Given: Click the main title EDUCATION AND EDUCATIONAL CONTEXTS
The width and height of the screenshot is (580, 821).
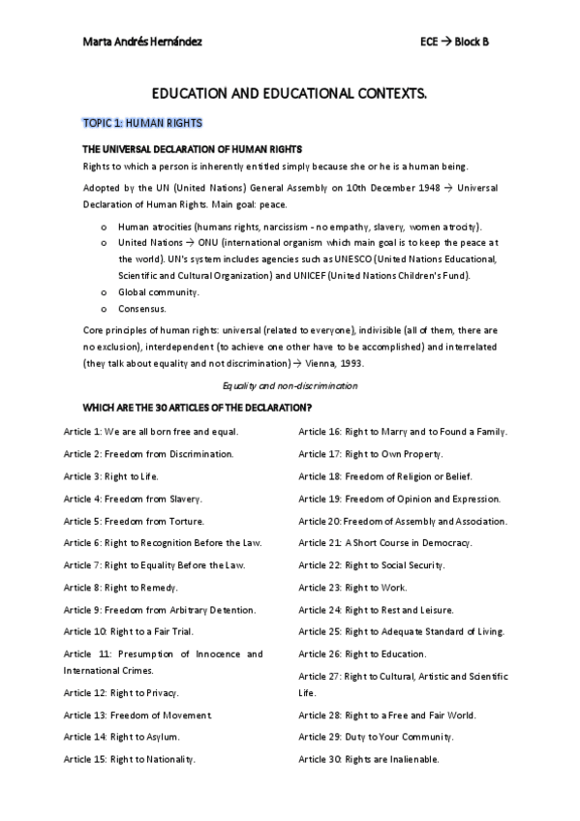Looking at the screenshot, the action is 290,95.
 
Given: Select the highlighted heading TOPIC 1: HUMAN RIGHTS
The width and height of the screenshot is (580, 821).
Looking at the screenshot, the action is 142,124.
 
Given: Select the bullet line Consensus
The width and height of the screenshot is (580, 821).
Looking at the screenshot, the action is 142,309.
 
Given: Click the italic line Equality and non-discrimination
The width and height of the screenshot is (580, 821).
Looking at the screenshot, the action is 290,385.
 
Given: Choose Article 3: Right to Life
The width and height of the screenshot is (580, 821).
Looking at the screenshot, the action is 111,476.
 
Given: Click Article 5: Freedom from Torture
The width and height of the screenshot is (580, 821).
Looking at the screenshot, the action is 134,521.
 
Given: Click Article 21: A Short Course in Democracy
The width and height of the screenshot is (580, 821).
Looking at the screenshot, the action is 385,543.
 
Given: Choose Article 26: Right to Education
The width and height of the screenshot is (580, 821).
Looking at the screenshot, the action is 362,654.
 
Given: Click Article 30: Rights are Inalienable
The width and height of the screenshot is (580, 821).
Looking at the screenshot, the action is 369,759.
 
